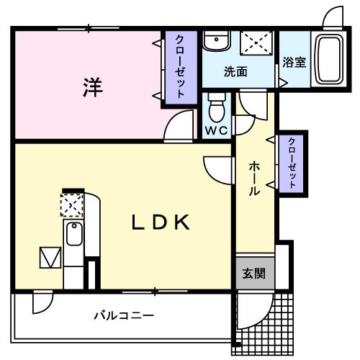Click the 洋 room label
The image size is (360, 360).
point(91,87)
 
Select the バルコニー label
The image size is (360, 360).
point(123,315)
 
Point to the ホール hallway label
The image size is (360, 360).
point(255,179)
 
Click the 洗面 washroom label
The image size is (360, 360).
point(235,71)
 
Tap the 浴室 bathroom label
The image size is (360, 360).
point(294,62)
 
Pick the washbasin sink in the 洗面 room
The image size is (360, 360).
point(215,42)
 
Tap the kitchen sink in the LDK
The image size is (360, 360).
point(73,235)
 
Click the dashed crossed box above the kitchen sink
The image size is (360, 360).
point(72,207)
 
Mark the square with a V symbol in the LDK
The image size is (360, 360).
point(50,257)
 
